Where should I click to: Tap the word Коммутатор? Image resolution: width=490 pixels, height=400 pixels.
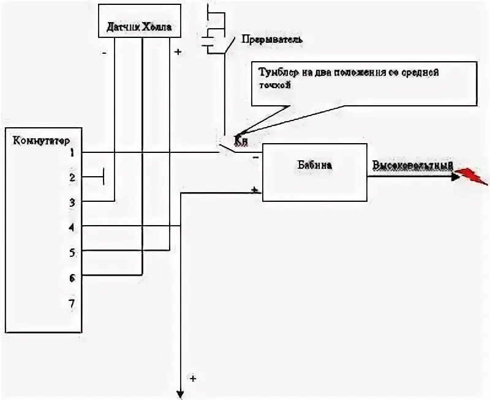pyautogui.click(x=37, y=139)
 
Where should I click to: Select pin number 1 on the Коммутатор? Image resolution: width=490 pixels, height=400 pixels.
pyautogui.click(x=72, y=152)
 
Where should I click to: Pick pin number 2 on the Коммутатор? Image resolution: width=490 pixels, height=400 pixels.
pyautogui.click(x=72, y=177)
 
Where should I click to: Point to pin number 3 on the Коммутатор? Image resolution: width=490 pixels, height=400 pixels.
pyautogui.click(x=72, y=202)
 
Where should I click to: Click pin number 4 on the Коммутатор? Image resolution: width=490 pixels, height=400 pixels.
pyautogui.click(x=72, y=227)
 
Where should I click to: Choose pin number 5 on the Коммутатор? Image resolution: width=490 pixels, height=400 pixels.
pyautogui.click(x=72, y=251)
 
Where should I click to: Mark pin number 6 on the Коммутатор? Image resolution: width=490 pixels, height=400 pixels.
pyautogui.click(x=72, y=276)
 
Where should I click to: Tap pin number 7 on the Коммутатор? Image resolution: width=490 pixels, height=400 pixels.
pyautogui.click(x=72, y=302)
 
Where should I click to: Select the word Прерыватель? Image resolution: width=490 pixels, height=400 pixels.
pyautogui.click(x=273, y=39)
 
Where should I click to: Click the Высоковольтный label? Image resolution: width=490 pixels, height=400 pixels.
pyautogui.click(x=412, y=166)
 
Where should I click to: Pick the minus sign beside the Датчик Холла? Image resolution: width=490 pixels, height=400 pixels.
pyautogui.click(x=104, y=53)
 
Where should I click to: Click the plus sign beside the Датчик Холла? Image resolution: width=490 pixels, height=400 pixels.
pyautogui.click(x=178, y=52)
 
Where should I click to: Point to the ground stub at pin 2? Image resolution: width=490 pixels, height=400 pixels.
pyautogui.click(x=104, y=177)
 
